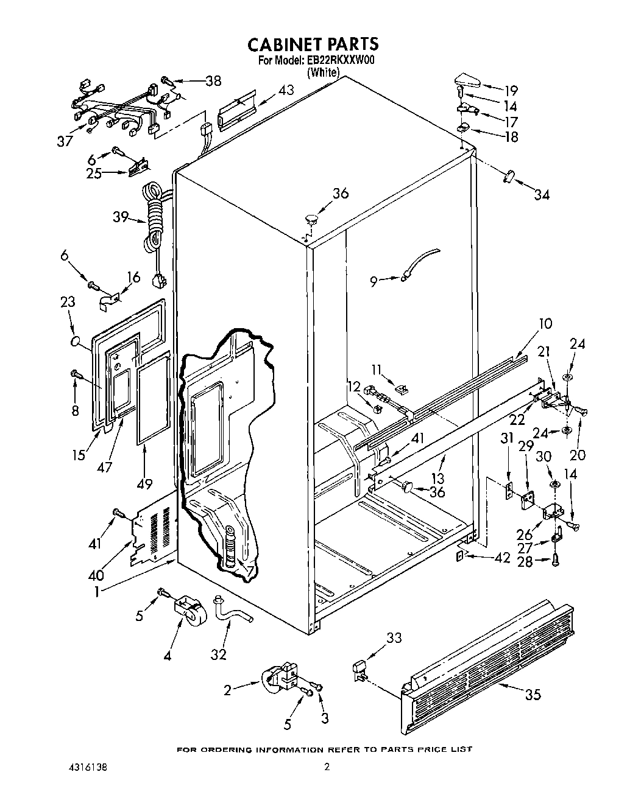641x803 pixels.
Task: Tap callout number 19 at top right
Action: pos(511,91)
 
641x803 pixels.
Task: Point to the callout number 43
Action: pos(286,90)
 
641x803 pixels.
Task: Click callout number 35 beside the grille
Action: pos(533,694)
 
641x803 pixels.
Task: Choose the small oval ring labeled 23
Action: pos(76,342)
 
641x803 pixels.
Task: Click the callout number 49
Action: pos(144,467)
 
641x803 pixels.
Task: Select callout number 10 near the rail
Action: pos(546,323)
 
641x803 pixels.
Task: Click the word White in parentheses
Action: pos(323,72)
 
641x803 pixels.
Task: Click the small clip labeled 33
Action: pos(360,668)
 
